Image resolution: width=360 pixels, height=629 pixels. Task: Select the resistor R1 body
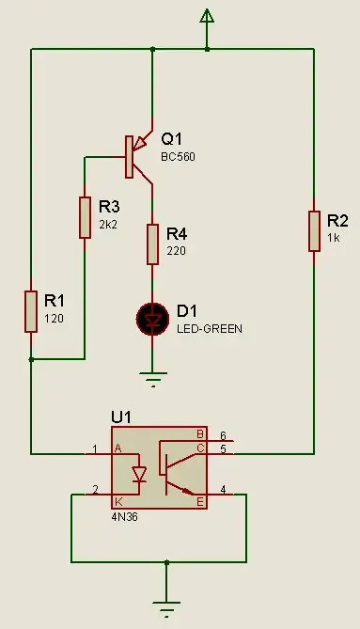pos(32,311)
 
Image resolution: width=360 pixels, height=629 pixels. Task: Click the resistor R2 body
pos(313,231)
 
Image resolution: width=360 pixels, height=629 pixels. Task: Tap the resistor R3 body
pos(86,216)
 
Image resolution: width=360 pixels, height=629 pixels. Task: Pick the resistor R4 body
pos(151,244)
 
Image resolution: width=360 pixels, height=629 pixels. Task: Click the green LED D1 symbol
pos(151,319)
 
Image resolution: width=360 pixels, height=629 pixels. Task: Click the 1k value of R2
pos(333,238)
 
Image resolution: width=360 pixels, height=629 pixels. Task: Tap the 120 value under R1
pos(54,318)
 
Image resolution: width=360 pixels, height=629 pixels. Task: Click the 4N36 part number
pos(124,517)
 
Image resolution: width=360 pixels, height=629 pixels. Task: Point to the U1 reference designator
pos(122,415)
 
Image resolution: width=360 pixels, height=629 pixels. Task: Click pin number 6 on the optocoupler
pos(224,435)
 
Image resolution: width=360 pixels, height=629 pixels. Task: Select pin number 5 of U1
pos(224,448)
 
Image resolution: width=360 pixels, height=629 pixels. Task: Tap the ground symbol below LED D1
pos(151,380)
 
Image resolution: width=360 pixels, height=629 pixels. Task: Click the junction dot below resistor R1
pos(32,359)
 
